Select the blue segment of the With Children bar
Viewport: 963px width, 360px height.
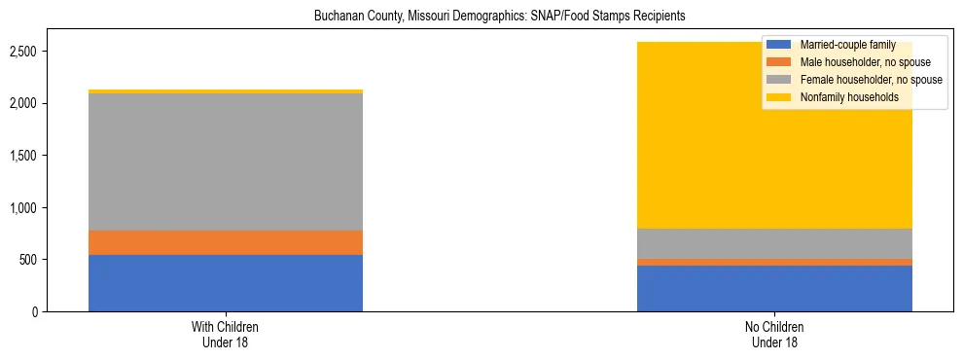pos(226,283)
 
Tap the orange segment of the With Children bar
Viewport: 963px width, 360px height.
pos(226,242)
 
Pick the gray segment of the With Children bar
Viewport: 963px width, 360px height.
pos(226,162)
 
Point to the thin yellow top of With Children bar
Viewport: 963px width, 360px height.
pos(226,91)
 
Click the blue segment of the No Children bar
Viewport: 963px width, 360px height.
pos(774,288)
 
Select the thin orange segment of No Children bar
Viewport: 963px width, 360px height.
pos(774,262)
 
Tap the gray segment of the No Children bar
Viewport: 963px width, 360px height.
pos(774,243)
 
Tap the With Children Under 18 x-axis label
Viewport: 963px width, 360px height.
pos(226,335)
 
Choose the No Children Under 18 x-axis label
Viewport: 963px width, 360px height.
pos(774,335)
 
